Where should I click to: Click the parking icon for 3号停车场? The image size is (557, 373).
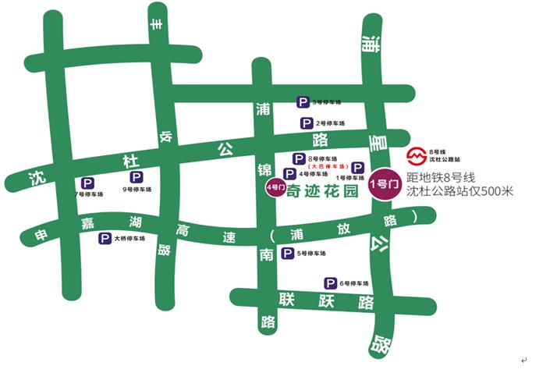pyautogui.click(x=303, y=101)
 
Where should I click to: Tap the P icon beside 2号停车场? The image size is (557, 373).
pyautogui.click(x=307, y=123)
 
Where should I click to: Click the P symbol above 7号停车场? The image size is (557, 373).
pyautogui.click(x=87, y=183)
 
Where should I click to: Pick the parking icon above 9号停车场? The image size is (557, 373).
pyautogui.click(x=137, y=178)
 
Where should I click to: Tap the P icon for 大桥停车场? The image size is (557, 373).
pyautogui.click(x=104, y=240)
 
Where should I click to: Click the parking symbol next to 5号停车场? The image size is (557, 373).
pyautogui.click(x=288, y=254)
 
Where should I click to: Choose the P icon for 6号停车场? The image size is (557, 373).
pyautogui.click(x=331, y=283)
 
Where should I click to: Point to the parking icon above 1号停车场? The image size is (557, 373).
pyautogui.click(x=357, y=168)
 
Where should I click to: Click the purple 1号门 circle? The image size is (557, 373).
pyautogui.click(x=385, y=184)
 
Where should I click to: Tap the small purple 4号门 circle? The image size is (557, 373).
pyautogui.click(x=275, y=188)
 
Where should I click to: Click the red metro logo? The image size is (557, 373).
pyautogui.click(x=419, y=154)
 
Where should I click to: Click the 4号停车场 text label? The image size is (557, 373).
pyautogui.click(x=313, y=174)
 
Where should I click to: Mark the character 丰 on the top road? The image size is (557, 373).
pyautogui.click(x=157, y=27)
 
